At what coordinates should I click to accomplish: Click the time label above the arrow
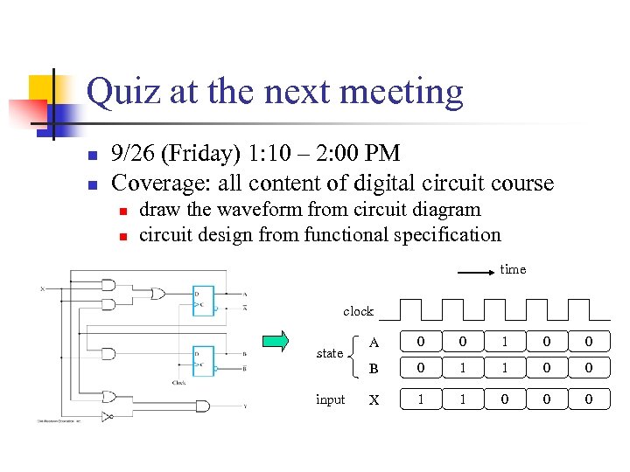tap(513, 269)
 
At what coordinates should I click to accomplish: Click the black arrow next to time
tap(476, 274)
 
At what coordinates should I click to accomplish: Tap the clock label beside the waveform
tap(358, 311)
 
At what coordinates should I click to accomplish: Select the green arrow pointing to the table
tap(277, 341)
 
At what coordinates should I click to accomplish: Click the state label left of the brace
tap(330, 353)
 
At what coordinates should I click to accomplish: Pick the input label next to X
tap(330, 399)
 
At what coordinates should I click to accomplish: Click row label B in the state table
tap(374, 368)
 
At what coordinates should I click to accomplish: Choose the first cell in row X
tap(421, 399)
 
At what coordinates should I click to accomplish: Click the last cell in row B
tap(589, 368)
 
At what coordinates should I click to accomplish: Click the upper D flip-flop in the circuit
tap(203, 300)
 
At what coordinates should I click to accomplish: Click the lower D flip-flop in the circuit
tap(203, 359)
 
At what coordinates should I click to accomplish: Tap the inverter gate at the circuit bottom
tap(107, 416)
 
